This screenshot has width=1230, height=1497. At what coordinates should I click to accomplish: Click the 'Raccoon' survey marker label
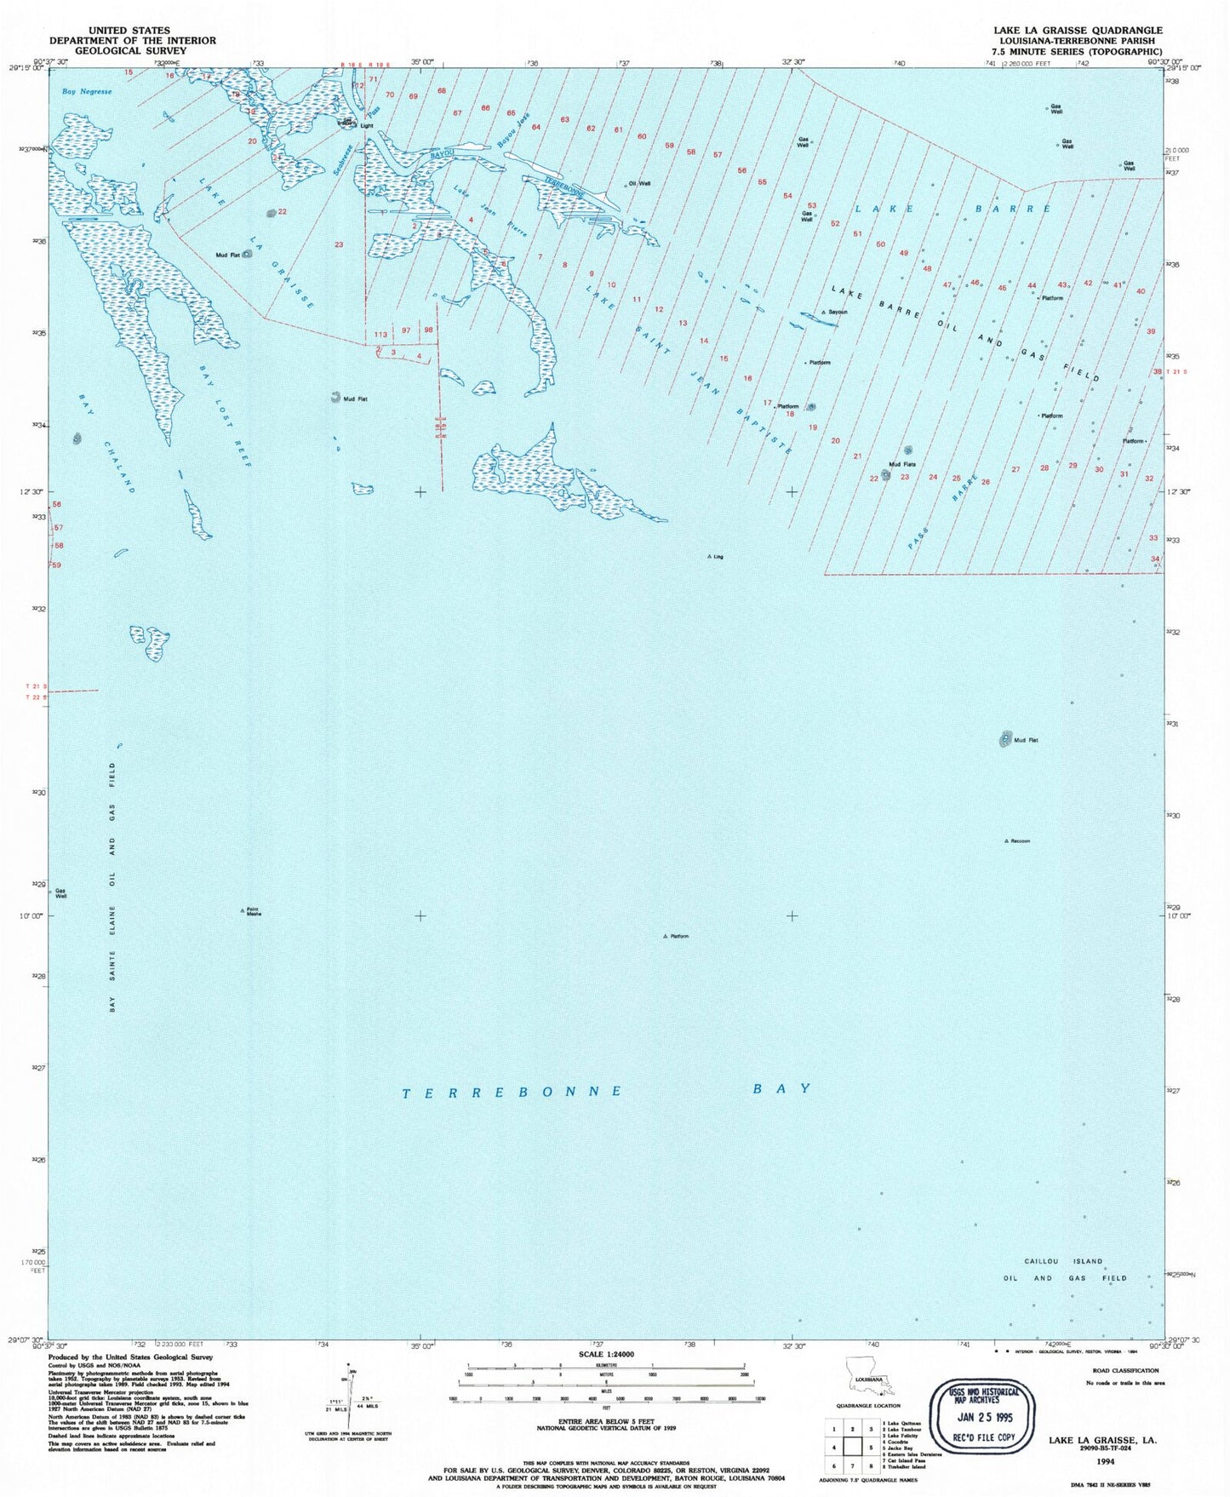(x=1020, y=841)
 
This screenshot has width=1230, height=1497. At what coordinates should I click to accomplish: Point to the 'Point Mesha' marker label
(x=253, y=911)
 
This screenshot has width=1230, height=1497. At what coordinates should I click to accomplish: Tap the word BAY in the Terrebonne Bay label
(x=781, y=1088)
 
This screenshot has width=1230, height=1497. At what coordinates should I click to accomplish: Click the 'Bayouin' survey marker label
(x=837, y=313)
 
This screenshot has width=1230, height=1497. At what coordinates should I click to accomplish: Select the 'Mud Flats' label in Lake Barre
(x=901, y=464)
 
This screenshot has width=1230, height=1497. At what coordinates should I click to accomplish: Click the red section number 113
(x=380, y=335)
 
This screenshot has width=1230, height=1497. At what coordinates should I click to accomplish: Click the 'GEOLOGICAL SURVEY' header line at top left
(x=132, y=50)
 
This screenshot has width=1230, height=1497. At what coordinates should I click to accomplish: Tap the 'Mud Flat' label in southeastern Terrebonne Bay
(x=1026, y=740)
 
